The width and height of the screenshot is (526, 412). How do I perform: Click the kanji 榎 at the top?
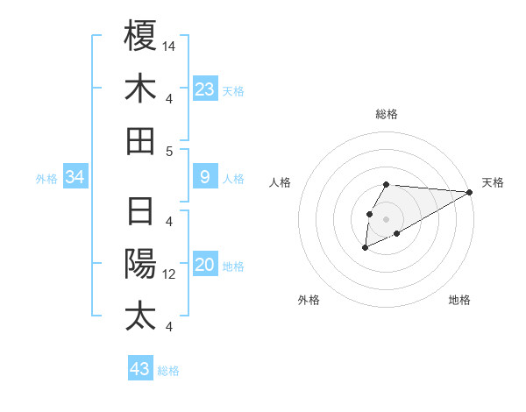click(140, 36)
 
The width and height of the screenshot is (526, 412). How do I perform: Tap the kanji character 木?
click(140, 89)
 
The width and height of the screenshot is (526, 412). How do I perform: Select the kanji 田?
click(140, 140)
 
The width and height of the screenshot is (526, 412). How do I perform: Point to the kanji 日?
click(140, 212)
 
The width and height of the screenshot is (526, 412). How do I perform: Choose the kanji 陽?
click(140, 264)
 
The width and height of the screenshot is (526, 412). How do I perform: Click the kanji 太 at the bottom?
click(140, 316)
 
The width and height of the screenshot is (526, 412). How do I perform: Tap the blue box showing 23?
click(205, 89)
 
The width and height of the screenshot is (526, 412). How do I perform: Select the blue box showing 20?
click(205, 266)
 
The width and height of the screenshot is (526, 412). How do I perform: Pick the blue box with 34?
click(75, 178)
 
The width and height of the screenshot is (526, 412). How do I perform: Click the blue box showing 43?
click(140, 369)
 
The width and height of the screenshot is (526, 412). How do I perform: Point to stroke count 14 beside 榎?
click(170, 46)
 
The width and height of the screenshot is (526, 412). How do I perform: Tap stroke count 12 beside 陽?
click(170, 274)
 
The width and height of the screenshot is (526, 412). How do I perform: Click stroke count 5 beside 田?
click(169, 151)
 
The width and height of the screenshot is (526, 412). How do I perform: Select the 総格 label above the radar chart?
click(387, 114)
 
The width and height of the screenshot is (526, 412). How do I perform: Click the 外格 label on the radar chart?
click(309, 300)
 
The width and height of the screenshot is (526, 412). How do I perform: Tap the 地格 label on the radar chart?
click(459, 300)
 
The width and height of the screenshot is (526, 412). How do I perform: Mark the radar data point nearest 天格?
click(470, 193)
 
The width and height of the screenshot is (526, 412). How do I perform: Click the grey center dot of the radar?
click(386, 218)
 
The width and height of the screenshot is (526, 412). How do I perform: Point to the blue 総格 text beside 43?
click(168, 371)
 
